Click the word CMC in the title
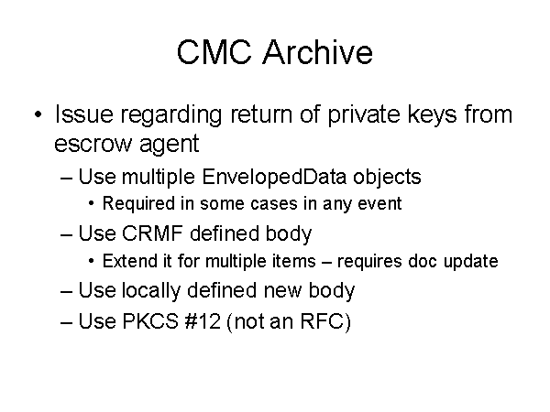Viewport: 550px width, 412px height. tap(214, 52)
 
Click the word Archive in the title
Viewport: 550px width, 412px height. tap(318, 51)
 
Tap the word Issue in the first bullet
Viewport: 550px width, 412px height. tap(83, 114)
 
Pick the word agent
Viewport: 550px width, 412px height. tap(169, 145)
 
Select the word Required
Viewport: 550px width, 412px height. tap(138, 203)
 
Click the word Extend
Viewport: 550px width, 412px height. tap(129, 261)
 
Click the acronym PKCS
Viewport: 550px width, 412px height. tap(150, 321)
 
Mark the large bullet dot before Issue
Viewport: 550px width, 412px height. tap(38, 114)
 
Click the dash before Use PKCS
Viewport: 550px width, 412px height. tap(66, 322)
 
